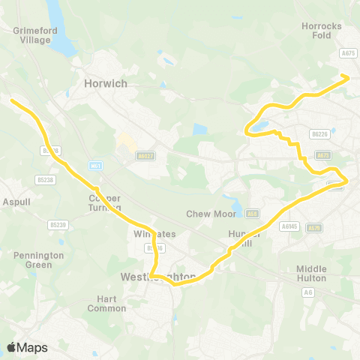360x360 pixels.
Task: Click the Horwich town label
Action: [x=106, y=84]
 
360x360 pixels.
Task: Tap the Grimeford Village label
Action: [x=31, y=36]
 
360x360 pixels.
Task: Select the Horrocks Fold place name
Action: [x=321, y=31]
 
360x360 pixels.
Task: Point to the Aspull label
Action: [x=16, y=202]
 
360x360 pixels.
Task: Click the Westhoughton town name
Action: [x=158, y=277]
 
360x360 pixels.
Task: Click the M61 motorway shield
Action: [x=94, y=166]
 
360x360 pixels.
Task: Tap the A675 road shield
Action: [x=347, y=53]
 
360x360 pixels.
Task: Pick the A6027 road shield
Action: [x=145, y=156]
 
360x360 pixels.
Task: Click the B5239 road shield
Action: [x=57, y=225]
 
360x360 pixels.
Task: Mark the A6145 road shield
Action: [x=289, y=226]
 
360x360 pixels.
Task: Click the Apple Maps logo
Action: [x=28, y=347]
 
